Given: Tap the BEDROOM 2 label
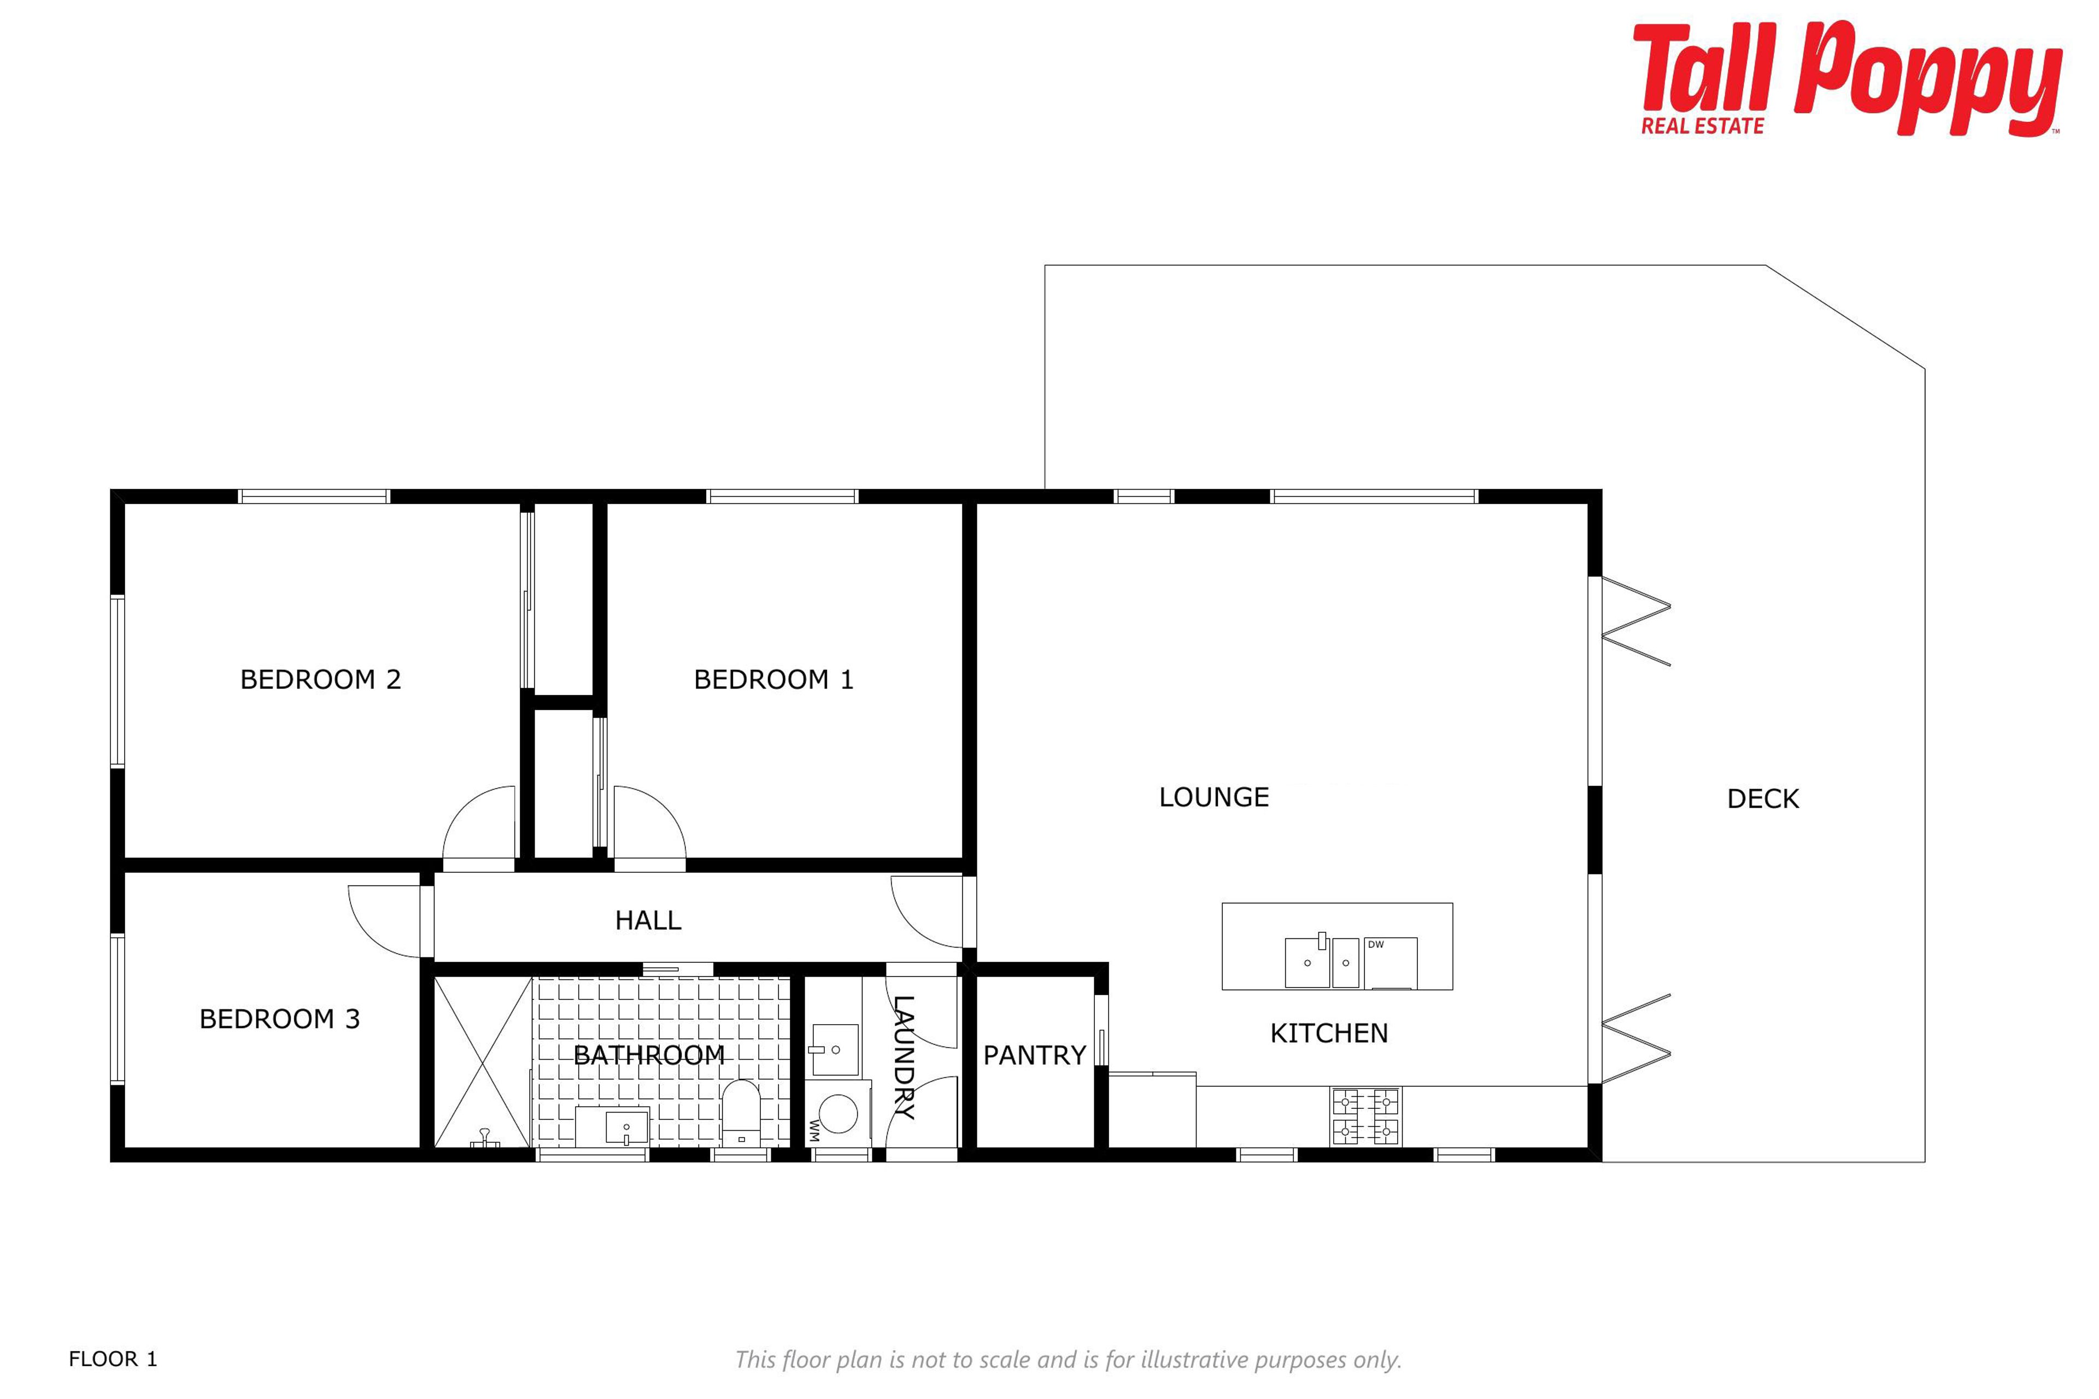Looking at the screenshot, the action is pos(320,680).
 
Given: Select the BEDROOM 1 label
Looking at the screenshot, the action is pos(774,680).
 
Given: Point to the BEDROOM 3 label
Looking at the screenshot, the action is pos(279,1019).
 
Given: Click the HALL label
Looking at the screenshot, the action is pos(648,920).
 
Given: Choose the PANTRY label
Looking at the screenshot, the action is pos(1034,1055).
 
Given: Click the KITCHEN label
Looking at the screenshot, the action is pos(1329,1033).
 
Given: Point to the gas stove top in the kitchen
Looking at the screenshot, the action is pos(1365,1116).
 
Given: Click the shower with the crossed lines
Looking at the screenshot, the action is pos(483,1062).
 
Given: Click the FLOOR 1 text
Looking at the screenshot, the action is pos(113,1359).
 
